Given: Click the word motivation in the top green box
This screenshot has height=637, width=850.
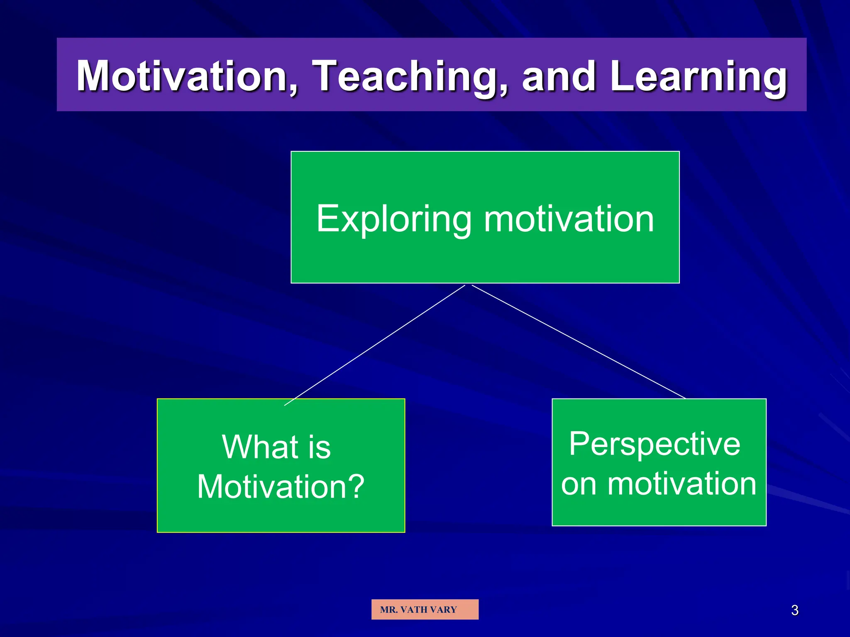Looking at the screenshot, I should coord(569,219).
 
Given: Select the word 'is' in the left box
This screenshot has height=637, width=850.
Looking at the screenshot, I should coord(319,447).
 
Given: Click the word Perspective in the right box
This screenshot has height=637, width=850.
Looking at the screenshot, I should coord(655,444).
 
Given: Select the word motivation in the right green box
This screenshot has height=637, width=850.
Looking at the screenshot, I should coord(682,484).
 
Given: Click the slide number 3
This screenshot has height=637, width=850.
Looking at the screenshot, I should coord(794,610).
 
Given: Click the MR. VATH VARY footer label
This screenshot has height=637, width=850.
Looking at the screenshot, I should coord(425,610).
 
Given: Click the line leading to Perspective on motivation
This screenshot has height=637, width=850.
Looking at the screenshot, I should coord(579,342).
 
